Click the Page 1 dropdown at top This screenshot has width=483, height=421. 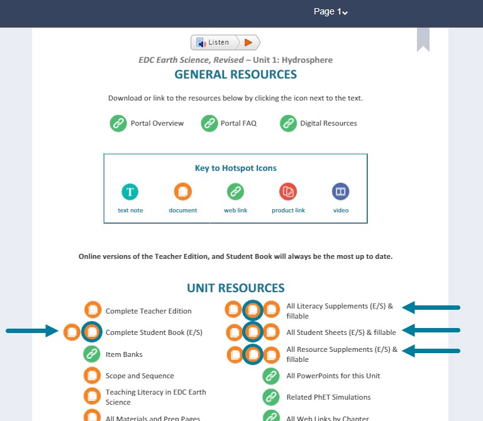pyautogui.click(x=331, y=12)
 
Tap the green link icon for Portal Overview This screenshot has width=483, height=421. pyautogui.click(x=118, y=123)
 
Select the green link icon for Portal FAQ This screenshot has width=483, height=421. pyautogui.click(x=209, y=123)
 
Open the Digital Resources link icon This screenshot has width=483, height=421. pyautogui.click(x=289, y=123)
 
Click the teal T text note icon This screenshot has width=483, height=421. pyautogui.click(x=130, y=192)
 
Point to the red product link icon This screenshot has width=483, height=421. pyautogui.click(x=288, y=192)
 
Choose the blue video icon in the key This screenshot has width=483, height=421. pyautogui.click(x=341, y=192)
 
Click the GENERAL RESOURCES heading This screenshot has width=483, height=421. pyautogui.click(x=235, y=75)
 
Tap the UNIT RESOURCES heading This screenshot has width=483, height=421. pyautogui.click(x=235, y=288)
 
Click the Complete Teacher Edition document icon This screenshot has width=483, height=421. pyautogui.click(x=93, y=310)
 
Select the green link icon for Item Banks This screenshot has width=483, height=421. pyautogui.click(x=92, y=354)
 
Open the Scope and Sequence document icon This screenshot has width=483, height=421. pyautogui.click(x=92, y=376)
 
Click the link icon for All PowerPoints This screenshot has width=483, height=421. pyautogui.click(x=271, y=376)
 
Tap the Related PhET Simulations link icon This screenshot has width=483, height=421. pyautogui.click(x=271, y=397)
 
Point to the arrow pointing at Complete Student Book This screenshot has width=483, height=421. pyautogui.click(x=31, y=331)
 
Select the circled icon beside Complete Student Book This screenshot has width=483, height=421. pyautogui.click(x=92, y=331)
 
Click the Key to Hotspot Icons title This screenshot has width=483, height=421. pyautogui.click(x=235, y=168)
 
